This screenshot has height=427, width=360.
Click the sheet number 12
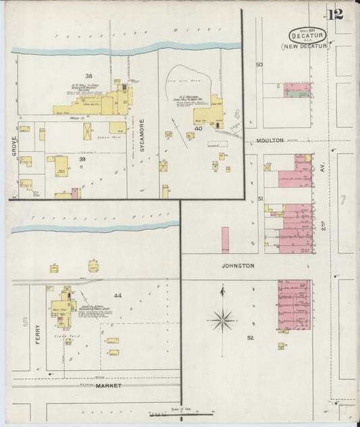[336, 14]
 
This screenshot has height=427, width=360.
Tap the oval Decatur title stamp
[308, 34]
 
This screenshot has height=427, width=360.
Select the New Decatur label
[306, 47]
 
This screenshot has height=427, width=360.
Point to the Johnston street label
[238, 266]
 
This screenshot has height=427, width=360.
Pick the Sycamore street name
[143, 148]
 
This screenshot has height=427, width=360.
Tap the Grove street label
[14, 145]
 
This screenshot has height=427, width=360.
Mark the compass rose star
[223, 319]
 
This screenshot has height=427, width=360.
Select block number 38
[88, 75]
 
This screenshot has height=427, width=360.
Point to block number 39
[82, 159]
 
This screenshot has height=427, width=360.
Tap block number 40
[198, 128]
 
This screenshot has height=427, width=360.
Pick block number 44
[118, 296]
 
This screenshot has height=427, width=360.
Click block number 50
[259, 65]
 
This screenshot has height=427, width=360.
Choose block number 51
[260, 199]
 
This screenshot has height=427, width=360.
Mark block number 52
[250, 337]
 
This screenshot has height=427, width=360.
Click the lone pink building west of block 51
[225, 240]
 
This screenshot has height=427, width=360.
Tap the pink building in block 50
[297, 91]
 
